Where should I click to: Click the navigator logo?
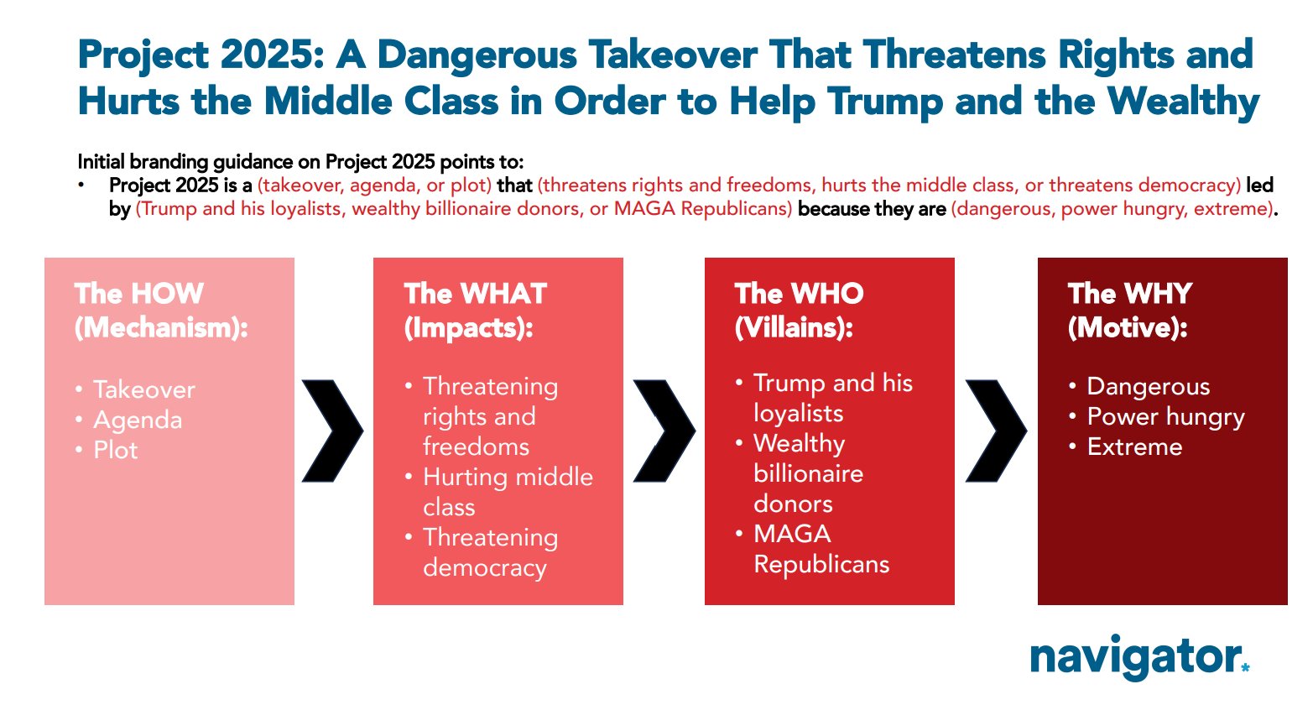(1139, 657)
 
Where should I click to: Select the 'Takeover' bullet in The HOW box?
(143, 389)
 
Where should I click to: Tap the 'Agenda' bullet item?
(138, 420)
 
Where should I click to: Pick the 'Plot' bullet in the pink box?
(116, 450)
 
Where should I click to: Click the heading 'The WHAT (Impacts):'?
(476, 311)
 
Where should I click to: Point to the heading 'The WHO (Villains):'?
(799, 311)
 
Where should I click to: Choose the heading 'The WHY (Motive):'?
(1130, 311)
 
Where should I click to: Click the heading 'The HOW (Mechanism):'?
(161, 311)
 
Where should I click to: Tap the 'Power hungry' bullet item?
(1166, 417)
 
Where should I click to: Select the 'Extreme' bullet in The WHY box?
(1135, 447)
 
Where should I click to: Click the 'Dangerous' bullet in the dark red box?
(1149, 387)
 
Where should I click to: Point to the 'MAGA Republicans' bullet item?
(821, 549)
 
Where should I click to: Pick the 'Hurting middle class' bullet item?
(508, 492)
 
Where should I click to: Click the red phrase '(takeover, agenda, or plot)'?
(374, 185)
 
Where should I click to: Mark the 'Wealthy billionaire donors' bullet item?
(808, 473)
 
